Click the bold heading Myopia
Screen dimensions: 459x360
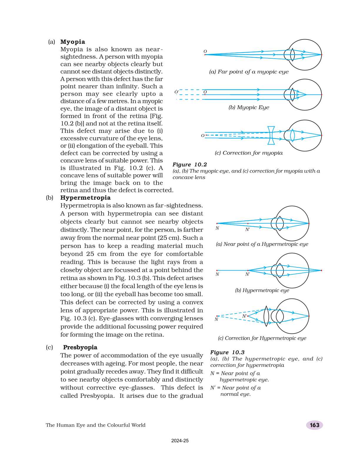point(73,42)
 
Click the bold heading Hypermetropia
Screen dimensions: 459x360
point(85,198)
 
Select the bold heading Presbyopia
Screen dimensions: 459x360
point(80,347)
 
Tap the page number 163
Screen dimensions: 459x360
point(314,425)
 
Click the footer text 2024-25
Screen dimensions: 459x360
point(180,441)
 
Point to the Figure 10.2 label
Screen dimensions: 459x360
point(190,165)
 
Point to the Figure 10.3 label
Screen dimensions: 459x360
point(227,352)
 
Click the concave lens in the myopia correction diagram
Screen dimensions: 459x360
point(271,135)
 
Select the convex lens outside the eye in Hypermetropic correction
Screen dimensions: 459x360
point(266,316)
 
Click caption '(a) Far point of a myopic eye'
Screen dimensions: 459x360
point(249,72)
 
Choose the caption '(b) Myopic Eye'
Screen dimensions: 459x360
point(249,107)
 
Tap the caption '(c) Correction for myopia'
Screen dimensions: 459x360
point(249,153)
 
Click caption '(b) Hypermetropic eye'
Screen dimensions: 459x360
point(262,290)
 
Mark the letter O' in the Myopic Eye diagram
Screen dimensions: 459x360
point(176,92)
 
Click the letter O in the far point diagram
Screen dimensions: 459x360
point(205,52)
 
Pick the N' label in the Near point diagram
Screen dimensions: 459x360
point(248,230)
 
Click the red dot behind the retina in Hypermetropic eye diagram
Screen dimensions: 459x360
point(321,270)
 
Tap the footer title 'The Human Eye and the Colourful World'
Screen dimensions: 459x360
point(96,425)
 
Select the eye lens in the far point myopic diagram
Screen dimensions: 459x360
point(292,54)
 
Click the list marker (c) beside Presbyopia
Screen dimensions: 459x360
point(49,347)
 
